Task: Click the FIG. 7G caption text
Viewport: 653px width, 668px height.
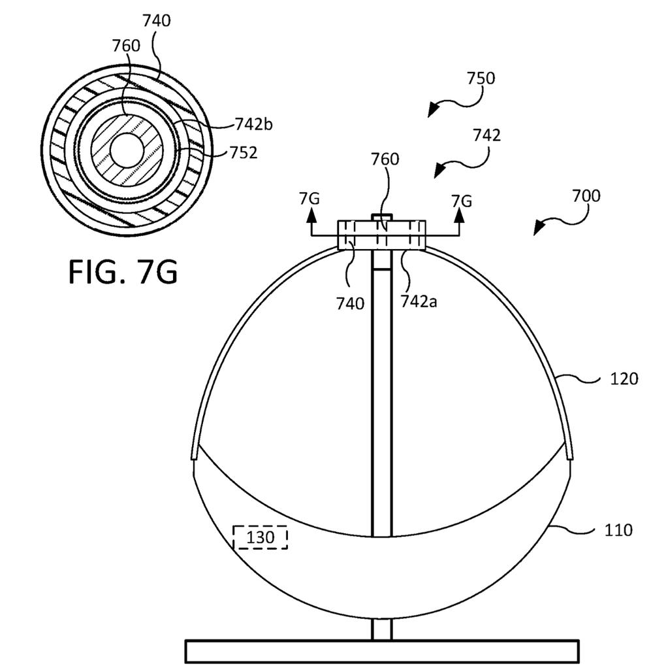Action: pyautogui.click(x=123, y=272)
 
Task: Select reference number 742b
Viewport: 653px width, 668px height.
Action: pyautogui.click(x=254, y=124)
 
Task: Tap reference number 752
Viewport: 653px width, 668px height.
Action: pyautogui.click(x=244, y=152)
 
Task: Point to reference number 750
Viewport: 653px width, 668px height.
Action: pyautogui.click(x=481, y=78)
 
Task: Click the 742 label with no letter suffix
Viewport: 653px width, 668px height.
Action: pyautogui.click(x=487, y=135)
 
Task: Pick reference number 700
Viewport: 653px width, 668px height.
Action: pyautogui.click(x=586, y=195)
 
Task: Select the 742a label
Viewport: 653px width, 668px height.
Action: pyautogui.click(x=419, y=301)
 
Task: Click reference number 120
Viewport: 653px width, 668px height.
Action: pyautogui.click(x=624, y=378)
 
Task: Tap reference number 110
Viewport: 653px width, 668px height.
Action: pyautogui.click(x=618, y=530)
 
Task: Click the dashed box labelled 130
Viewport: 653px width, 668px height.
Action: pyautogui.click(x=260, y=537)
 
